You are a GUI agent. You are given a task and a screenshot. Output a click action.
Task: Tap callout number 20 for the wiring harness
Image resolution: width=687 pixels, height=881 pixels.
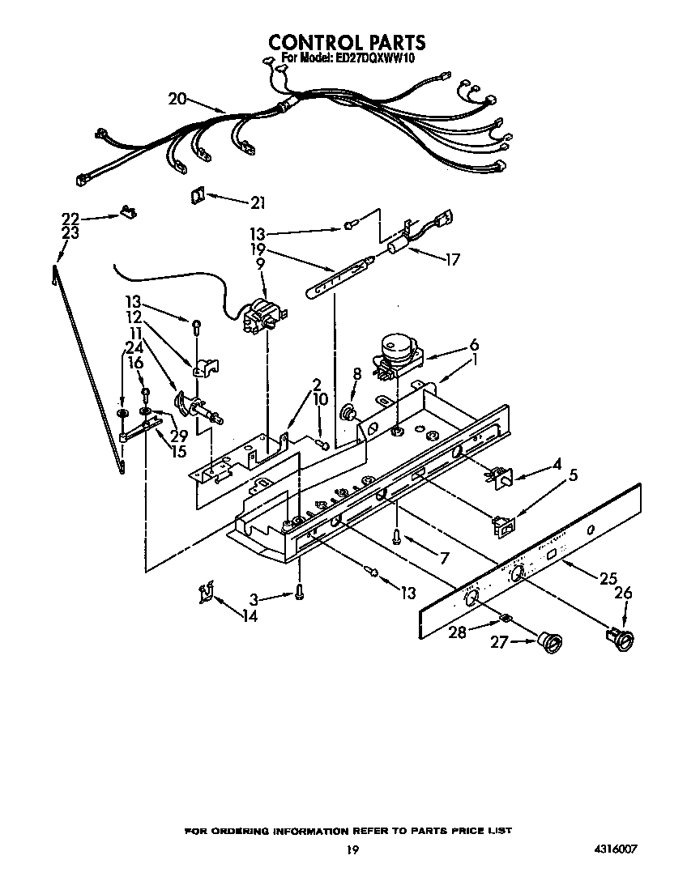177,99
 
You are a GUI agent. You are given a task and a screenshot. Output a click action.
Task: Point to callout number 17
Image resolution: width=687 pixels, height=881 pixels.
451,260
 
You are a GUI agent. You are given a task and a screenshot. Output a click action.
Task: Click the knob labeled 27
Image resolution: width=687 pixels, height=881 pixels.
552,644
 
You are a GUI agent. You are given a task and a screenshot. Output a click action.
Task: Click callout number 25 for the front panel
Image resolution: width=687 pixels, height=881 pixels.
608,578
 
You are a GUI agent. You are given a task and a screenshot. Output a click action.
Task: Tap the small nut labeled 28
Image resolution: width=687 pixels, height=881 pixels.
504,619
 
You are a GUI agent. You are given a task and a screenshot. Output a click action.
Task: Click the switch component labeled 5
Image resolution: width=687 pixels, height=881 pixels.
504,526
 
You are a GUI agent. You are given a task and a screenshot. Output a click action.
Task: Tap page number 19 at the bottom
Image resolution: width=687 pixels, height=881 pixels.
351,849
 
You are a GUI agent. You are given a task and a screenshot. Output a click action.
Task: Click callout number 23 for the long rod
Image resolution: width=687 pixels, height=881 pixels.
70,232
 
